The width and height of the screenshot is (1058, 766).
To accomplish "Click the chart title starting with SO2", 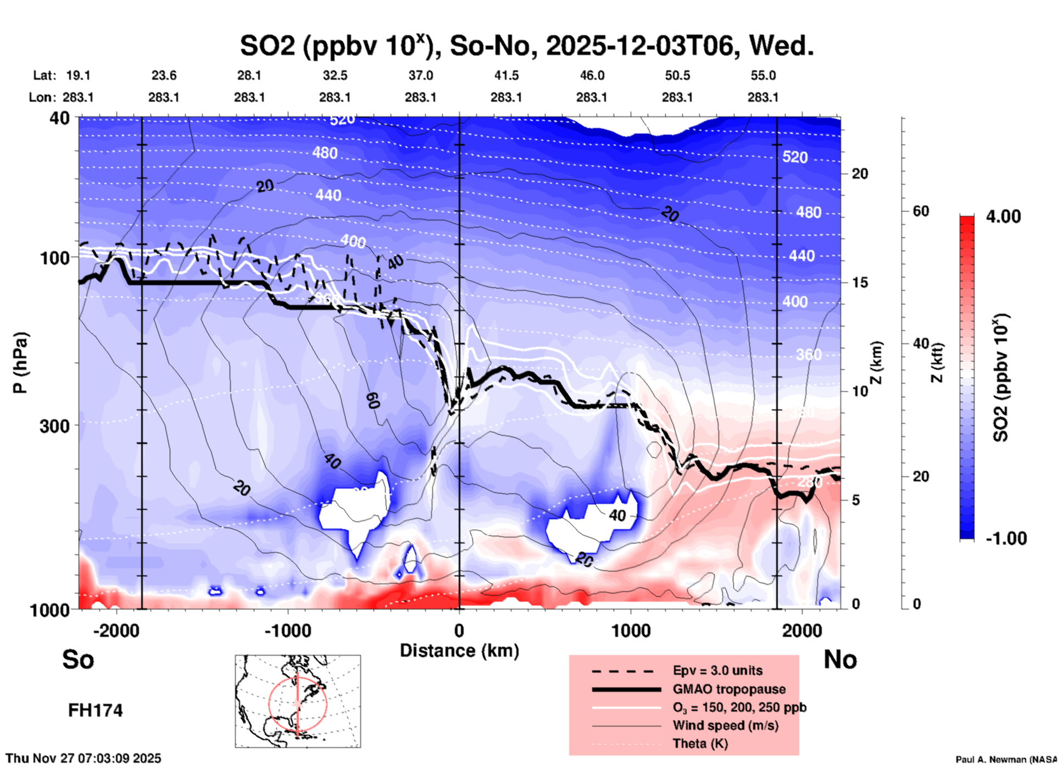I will click(x=526, y=46).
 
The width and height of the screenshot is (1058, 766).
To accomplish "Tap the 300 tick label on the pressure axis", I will click(x=54, y=426).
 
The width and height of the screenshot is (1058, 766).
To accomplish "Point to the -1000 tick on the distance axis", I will click(x=287, y=631).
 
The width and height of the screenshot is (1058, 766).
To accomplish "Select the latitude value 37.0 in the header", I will click(x=420, y=75).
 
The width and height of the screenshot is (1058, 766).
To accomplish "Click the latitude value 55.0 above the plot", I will click(x=763, y=75).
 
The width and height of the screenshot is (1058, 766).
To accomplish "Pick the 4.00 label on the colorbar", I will click(x=1003, y=217).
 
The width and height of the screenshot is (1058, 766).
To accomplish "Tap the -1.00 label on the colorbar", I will click(x=1006, y=538).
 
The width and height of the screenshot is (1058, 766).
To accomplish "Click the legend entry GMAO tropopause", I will click(x=729, y=689).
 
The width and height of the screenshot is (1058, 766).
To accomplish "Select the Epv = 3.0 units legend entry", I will click(x=717, y=670).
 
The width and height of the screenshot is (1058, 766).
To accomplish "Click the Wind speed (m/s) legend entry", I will click(x=725, y=725).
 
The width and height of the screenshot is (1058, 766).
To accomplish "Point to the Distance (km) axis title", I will click(x=459, y=651).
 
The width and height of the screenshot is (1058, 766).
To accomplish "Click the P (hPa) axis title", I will click(x=20, y=363).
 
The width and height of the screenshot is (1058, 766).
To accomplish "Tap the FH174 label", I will click(x=95, y=711).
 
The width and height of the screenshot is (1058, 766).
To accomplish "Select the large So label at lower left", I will click(x=78, y=659).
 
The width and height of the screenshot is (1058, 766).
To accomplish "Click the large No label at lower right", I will click(x=840, y=659).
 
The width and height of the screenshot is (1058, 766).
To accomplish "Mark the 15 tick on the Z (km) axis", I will click(x=860, y=282).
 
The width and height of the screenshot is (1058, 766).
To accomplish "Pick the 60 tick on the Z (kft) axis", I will click(x=921, y=211).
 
